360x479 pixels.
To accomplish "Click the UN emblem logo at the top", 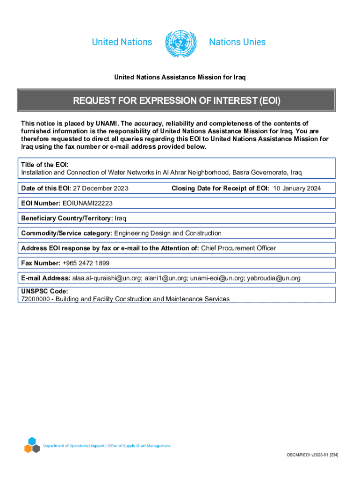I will point(180,43).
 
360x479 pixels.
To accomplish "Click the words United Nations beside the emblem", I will point(122,42).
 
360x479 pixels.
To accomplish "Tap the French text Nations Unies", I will point(237,42).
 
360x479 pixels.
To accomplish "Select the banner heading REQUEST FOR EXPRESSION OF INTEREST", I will point(176,101).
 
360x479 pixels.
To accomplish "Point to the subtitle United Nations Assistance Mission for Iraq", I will point(180,77).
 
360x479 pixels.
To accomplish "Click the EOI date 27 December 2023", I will point(101,189).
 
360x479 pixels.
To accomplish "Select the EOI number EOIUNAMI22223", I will point(87,203).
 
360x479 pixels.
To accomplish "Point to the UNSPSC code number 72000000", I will point(36,298).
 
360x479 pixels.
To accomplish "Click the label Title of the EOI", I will point(45,165).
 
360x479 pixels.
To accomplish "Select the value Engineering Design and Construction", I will point(168,233).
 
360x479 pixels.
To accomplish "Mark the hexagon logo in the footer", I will point(32,446).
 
